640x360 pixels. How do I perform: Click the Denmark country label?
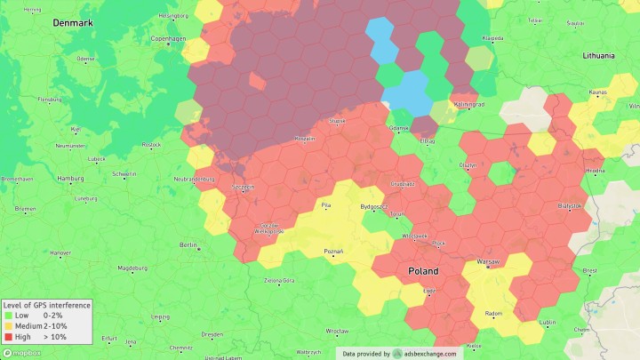pyautogui.click(x=72, y=22)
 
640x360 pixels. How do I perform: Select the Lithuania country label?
pyautogui.click(x=598, y=55)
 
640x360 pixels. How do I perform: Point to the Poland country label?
pyautogui.click(x=423, y=270)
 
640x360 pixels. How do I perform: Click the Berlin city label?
pyautogui.click(x=188, y=244)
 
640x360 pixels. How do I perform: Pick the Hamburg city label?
pyautogui.click(x=70, y=178)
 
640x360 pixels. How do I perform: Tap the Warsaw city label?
pyautogui.click(x=488, y=262)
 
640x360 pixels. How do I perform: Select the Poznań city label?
pyautogui.click(x=333, y=252)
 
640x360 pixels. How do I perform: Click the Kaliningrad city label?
pyautogui.click(x=468, y=104)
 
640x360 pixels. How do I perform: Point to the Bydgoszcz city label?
pyautogui.click(x=373, y=206)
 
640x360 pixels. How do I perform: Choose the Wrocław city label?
pyautogui.click(x=337, y=331)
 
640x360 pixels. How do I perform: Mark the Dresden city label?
pyautogui.click(x=212, y=334)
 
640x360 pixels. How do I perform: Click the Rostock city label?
pyautogui.click(x=151, y=144)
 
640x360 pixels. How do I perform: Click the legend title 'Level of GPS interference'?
pyautogui.click(x=46, y=305)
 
